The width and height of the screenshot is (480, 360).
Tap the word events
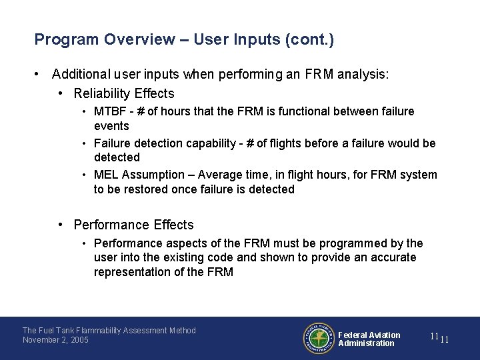coord(111,126)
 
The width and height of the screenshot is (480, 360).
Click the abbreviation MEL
coord(105,175)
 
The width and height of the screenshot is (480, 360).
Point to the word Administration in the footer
coord(366,343)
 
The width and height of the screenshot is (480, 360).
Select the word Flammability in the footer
coord(112,331)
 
